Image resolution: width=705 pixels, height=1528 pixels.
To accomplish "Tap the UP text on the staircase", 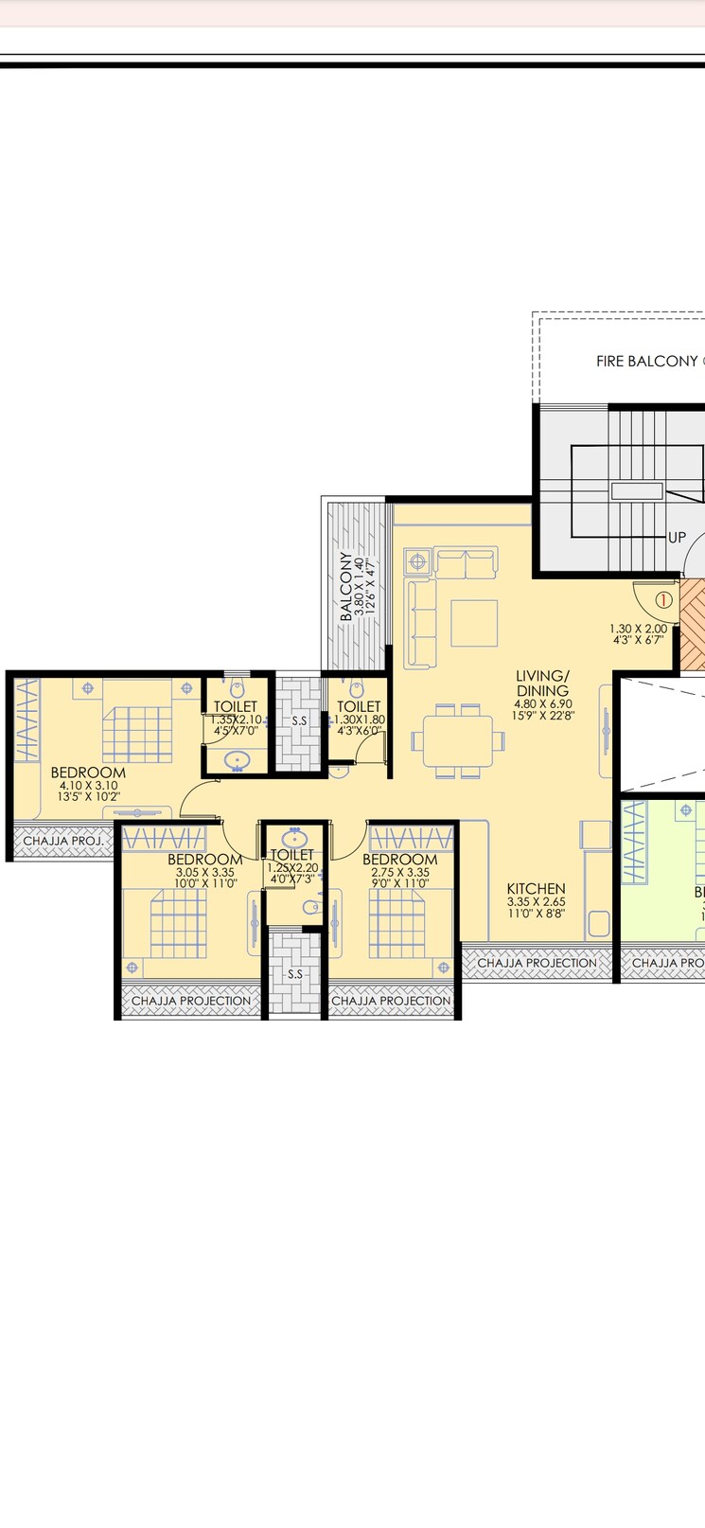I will tap(677, 537).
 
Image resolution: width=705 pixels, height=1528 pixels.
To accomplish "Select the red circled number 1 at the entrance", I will tap(663, 599).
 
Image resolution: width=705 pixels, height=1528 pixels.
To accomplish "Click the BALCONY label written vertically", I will tap(346, 586).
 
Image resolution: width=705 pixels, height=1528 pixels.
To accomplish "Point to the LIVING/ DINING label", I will tap(542, 683).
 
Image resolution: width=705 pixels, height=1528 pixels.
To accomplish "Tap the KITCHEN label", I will tap(536, 888).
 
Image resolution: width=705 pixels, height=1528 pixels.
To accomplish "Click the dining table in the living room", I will tap(458, 740).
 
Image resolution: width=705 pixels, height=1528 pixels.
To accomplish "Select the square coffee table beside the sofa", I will tap(474, 623).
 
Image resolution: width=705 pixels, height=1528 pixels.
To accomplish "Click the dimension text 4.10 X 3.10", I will tap(88, 785).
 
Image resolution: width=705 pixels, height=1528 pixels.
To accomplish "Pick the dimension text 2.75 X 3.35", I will tap(399, 872).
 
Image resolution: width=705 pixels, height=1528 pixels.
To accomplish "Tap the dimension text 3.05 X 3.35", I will tap(204, 872).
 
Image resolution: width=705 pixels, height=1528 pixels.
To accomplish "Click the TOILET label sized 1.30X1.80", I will tap(359, 706).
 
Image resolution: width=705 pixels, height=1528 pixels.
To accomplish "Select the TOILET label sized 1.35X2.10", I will tap(235, 706).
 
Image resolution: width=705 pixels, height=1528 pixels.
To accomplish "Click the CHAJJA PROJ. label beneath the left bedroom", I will tap(63, 840).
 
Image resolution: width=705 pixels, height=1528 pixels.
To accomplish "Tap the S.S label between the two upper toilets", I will tap(299, 720).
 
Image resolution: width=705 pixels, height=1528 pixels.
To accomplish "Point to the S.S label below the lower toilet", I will tap(295, 973).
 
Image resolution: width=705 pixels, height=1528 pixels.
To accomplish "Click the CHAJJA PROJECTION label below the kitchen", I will tap(537, 963).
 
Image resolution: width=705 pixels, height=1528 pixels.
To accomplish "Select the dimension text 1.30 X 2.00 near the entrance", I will tap(638, 628).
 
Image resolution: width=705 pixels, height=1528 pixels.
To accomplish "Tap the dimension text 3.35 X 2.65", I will tap(536, 902).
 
